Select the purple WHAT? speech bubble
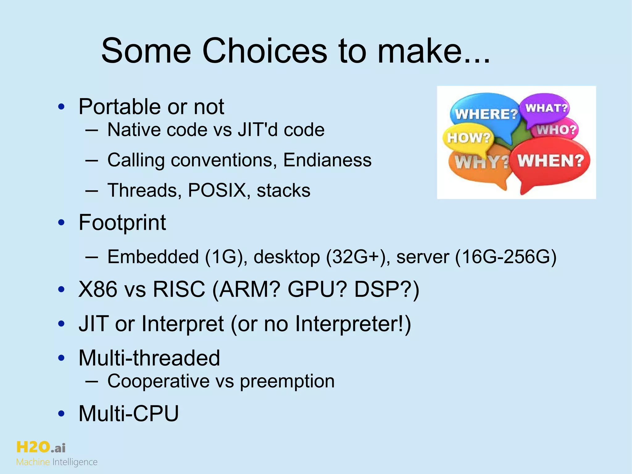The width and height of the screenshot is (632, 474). click(546, 108)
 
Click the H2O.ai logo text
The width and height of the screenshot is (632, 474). click(41, 447)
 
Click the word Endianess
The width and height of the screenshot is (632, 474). click(327, 160)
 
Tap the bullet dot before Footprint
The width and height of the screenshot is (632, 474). click(61, 222)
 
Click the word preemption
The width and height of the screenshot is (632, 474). click(287, 381)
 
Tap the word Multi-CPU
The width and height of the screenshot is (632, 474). click(129, 413)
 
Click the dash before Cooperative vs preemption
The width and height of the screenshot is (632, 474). click(92, 381)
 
